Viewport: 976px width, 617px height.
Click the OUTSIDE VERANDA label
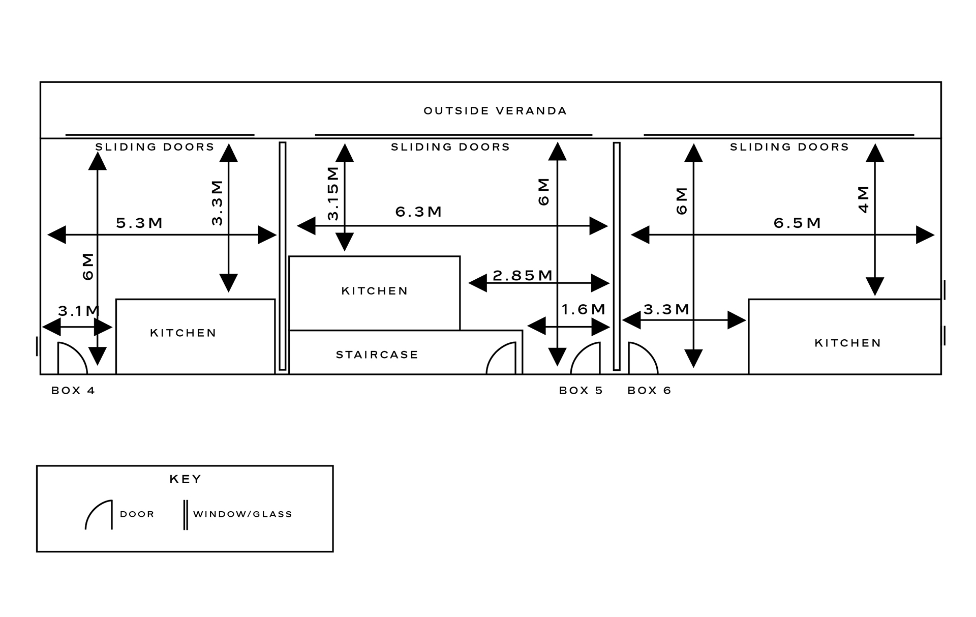click(x=495, y=111)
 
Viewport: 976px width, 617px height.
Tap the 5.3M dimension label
click(x=139, y=223)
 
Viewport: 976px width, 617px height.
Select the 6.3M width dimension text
click(x=418, y=212)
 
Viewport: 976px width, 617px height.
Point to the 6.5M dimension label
click(x=797, y=223)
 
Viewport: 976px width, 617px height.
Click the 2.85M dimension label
click(x=523, y=275)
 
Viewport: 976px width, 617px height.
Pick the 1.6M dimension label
click(x=584, y=309)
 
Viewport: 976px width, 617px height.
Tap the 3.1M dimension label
click(x=79, y=311)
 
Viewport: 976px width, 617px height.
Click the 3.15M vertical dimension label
click(x=333, y=193)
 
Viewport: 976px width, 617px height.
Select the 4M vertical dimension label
click(x=864, y=199)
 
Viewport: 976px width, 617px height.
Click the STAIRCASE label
click(x=377, y=355)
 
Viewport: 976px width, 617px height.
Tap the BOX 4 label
click(x=73, y=391)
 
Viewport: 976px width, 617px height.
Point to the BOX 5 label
click(x=581, y=391)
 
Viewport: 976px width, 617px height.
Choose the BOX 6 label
click(x=649, y=391)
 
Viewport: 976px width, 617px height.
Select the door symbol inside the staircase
click(x=502, y=359)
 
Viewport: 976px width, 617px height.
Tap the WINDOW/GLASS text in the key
click(x=242, y=514)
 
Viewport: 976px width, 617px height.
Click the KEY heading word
click(x=185, y=479)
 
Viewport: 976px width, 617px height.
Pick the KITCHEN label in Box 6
click(x=847, y=343)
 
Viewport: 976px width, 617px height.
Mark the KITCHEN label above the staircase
click(x=375, y=291)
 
